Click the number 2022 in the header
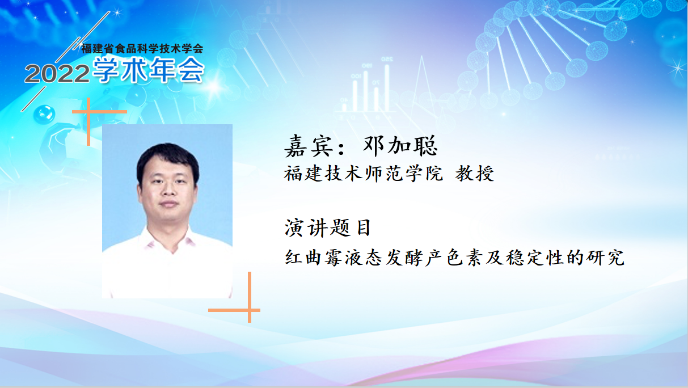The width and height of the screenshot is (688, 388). pyautogui.click(x=57, y=74)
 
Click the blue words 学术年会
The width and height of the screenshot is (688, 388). pyautogui.click(x=149, y=70)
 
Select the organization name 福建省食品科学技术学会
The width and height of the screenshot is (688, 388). pyautogui.click(x=142, y=49)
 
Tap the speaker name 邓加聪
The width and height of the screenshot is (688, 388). pyautogui.click(x=400, y=146)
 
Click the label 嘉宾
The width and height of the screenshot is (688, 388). pyautogui.click(x=309, y=146)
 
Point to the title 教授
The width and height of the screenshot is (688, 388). pyautogui.click(x=475, y=174)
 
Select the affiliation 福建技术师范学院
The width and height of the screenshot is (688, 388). pyautogui.click(x=364, y=174)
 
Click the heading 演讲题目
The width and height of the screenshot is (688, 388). pyautogui.click(x=327, y=228)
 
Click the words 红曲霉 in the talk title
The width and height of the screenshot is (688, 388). pyautogui.click(x=313, y=258)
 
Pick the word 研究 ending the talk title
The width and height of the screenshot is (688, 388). pyautogui.click(x=605, y=258)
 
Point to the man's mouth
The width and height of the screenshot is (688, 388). pyautogui.click(x=168, y=204)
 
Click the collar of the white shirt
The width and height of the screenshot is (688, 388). pyautogui.click(x=168, y=243)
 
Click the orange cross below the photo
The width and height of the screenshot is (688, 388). pyautogui.click(x=250, y=310)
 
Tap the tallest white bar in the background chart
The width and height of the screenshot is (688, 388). pyautogui.click(x=387, y=88)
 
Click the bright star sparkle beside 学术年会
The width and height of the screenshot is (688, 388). pyautogui.click(x=214, y=87)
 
